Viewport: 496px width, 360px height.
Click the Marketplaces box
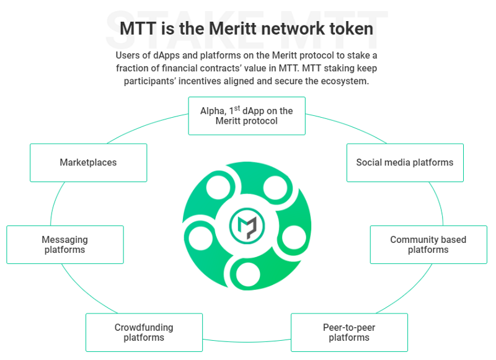pos(89,163)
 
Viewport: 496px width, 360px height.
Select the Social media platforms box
pos(405,163)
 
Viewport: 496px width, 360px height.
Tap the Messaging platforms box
pos(65,245)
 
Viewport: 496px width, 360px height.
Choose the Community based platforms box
pos(428,245)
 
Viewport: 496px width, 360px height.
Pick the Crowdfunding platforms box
pos(144,333)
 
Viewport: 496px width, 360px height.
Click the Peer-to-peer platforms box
pos(349,333)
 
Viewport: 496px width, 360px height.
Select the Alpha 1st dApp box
pos(247,116)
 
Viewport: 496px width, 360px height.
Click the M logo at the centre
pos(247,226)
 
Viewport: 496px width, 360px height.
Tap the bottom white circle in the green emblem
pos(248,274)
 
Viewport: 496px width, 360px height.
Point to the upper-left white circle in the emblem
pos(219,187)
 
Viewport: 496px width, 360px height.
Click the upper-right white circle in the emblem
pos(275,188)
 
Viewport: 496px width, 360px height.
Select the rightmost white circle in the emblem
pos(294,237)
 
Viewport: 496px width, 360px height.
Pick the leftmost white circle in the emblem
pos(200,238)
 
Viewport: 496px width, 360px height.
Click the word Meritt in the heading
pos(233,29)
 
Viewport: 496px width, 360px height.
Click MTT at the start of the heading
pos(138,29)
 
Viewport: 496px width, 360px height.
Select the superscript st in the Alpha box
pos(237,108)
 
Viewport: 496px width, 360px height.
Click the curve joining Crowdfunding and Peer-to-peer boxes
pos(247,341)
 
